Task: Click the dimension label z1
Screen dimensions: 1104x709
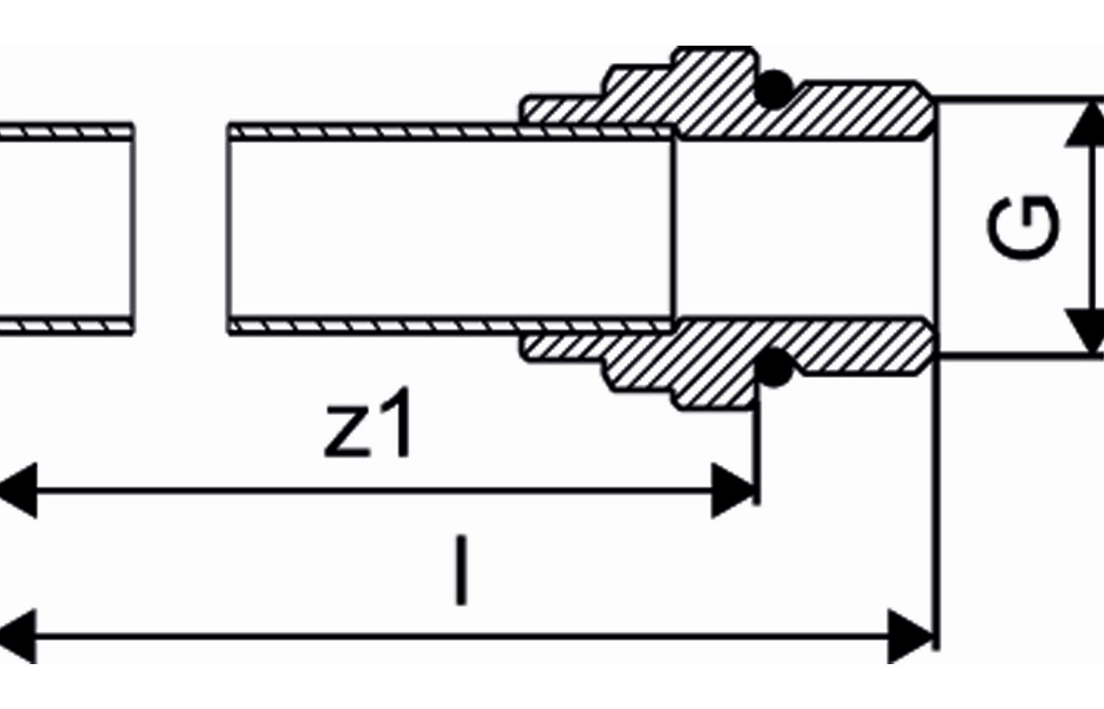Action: coord(367,423)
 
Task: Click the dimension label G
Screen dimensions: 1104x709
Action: coord(1024,228)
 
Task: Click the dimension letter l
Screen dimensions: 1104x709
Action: coord(461,570)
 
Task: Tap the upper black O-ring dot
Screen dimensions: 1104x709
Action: coord(774,89)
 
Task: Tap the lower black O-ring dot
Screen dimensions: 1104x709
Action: coord(774,367)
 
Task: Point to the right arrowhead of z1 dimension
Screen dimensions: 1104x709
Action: coord(733,490)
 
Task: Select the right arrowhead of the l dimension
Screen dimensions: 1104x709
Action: coord(910,637)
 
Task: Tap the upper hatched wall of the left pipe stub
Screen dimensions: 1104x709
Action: coord(66,132)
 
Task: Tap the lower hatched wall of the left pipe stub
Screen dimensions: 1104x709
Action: coord(66,326)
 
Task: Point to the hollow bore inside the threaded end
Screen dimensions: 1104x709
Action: coord(805,229)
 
